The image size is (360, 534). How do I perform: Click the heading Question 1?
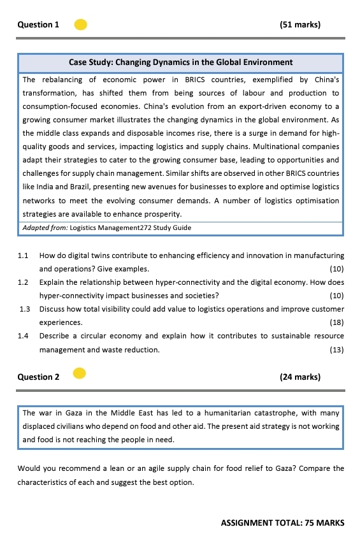click(x=38, y=25)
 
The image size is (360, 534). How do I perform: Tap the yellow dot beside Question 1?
click(x=81, y=25)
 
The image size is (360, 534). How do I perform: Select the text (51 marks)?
click(x=300, y=25)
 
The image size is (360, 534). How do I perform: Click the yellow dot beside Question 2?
click(x=79, y=373)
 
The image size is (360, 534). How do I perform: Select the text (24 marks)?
click(x=300, y=377)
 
